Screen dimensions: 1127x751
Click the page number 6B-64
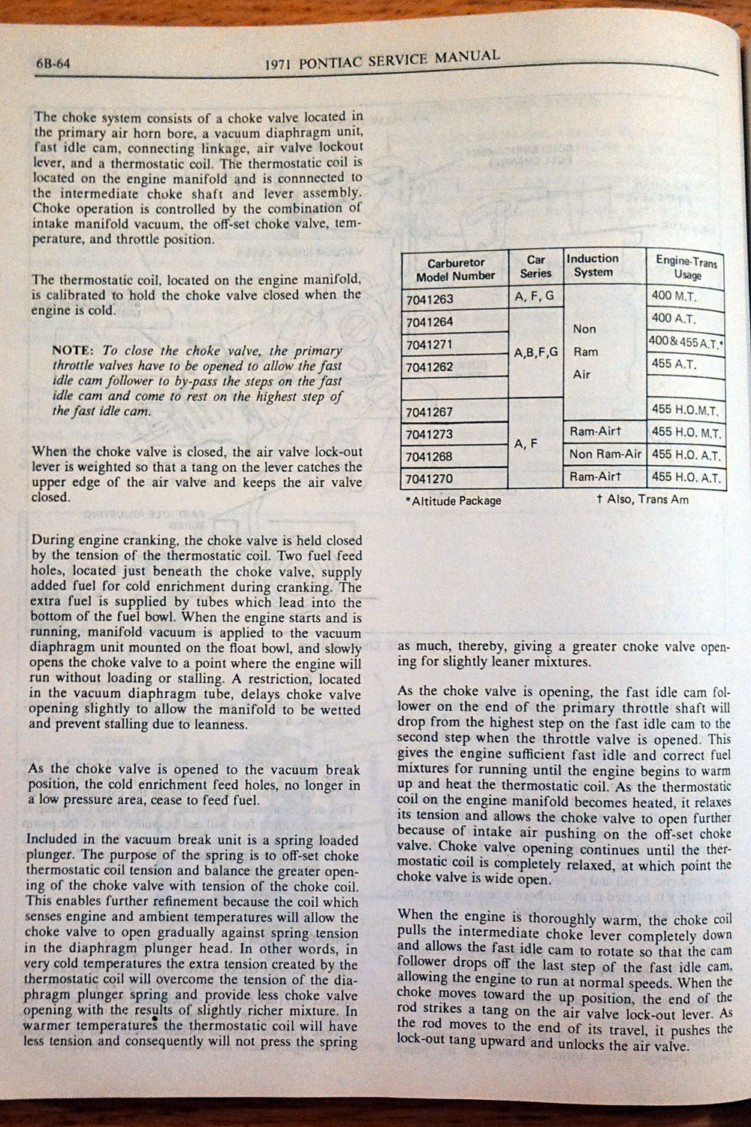tap(53, 64)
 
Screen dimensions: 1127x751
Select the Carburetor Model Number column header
tap(456, 270)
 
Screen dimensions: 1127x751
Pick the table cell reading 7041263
tap(430, 299)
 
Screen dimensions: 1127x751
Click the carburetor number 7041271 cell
tap(430, 345)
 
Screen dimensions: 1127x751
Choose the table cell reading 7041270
tap(430, 479)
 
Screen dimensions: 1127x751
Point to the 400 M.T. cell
tap(674, 296)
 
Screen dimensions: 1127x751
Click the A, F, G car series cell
tap(535, 296)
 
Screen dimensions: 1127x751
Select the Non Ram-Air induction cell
tap(605, 454)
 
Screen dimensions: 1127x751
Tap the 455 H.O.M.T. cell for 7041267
tap(685, 411)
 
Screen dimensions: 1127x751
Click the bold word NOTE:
tap(72, 351)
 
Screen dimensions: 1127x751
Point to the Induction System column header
tap(593, 265)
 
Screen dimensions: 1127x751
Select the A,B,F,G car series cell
tap(535, 351)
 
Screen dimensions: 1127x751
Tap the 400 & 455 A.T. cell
tap(686, 342)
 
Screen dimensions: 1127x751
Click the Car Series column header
tap(535, 267)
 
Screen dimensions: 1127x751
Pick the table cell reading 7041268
tap(430, 456)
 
